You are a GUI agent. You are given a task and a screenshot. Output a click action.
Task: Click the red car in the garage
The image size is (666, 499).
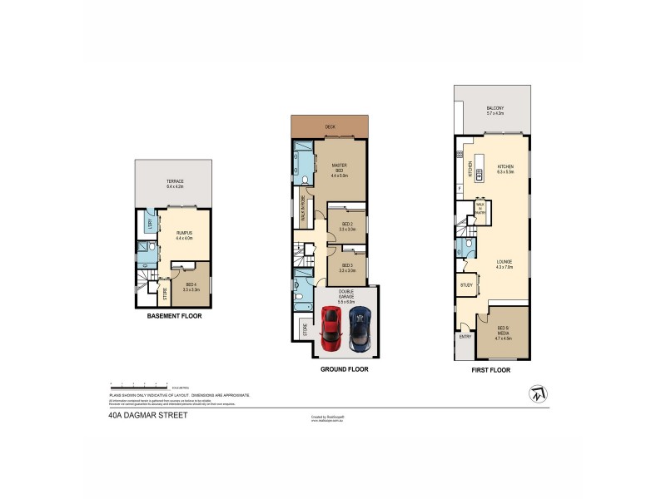pyautogui.click(x=331, y=329)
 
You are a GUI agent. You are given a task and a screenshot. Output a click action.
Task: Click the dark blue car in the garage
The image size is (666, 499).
pyautogui.click(x=360, y=329)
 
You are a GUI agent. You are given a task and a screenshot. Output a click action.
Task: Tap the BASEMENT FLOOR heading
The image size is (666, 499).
pyautogui.click(x=174, y=316)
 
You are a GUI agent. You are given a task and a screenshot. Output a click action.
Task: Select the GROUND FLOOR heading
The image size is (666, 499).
pyautogui.click(x=344, y=368)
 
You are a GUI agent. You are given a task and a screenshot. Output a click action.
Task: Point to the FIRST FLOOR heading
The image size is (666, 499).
pyautogui.click(x=490, y=369)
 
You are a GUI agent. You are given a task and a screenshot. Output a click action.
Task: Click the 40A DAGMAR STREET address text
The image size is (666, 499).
pyautogui.click(x=135, y=416)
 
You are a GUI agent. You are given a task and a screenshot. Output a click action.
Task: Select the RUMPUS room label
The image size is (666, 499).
pyautogui.click(x=184, y=236)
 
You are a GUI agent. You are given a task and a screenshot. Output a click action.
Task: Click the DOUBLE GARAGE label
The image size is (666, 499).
pyautogui.click(x=345, y=293)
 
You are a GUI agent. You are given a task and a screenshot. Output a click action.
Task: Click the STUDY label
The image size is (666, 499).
pyautogui.click(x=465, y=286)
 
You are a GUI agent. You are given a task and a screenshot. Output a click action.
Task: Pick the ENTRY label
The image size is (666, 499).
pyautogui.click(x=465, y=337)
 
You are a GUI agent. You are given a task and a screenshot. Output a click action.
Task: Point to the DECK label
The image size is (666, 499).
pyautogui.click(x=330, y=127)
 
